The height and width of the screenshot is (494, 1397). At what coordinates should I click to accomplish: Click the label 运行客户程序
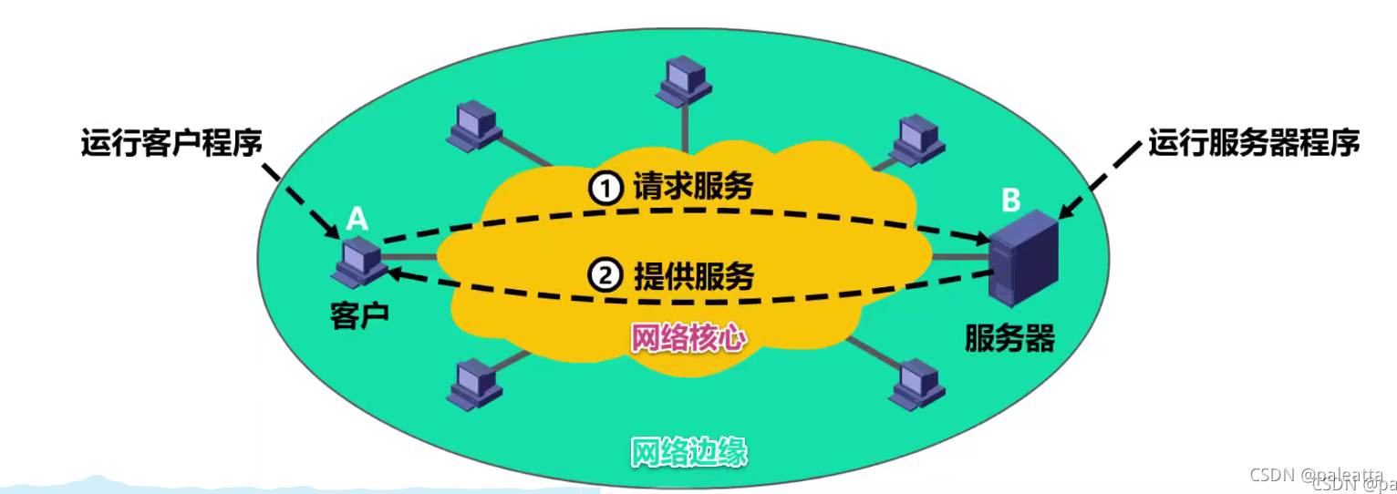coord(171,143)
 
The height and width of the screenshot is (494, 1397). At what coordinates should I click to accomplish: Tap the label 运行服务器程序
coord(1254,143)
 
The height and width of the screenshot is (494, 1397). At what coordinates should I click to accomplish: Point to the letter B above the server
coord(1010,200)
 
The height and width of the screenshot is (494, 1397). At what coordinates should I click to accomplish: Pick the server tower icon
coord(1023,259)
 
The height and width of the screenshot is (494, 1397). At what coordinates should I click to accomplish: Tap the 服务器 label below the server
coord(1010,339)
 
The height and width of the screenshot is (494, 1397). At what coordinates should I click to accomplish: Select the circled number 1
coord(603,188)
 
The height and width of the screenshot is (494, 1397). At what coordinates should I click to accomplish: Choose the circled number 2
coord(603,275)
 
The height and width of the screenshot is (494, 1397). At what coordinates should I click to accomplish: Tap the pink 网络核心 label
coord(688,339)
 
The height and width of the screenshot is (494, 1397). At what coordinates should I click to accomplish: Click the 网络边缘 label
coord(688,452)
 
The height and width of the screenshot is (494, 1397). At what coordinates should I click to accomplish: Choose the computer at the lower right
coord(916,383)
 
